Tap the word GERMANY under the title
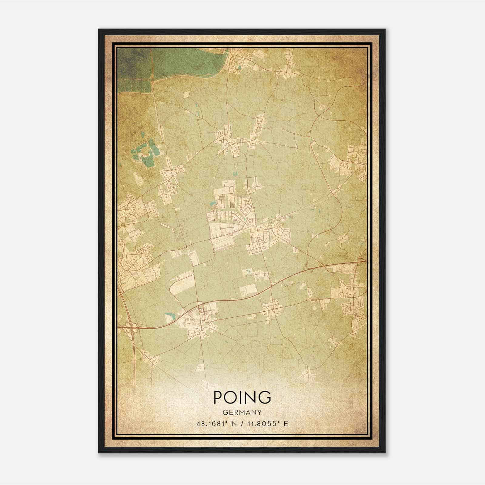pos(242,412)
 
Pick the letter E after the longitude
pos(286,423)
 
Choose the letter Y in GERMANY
pos(259,412)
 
